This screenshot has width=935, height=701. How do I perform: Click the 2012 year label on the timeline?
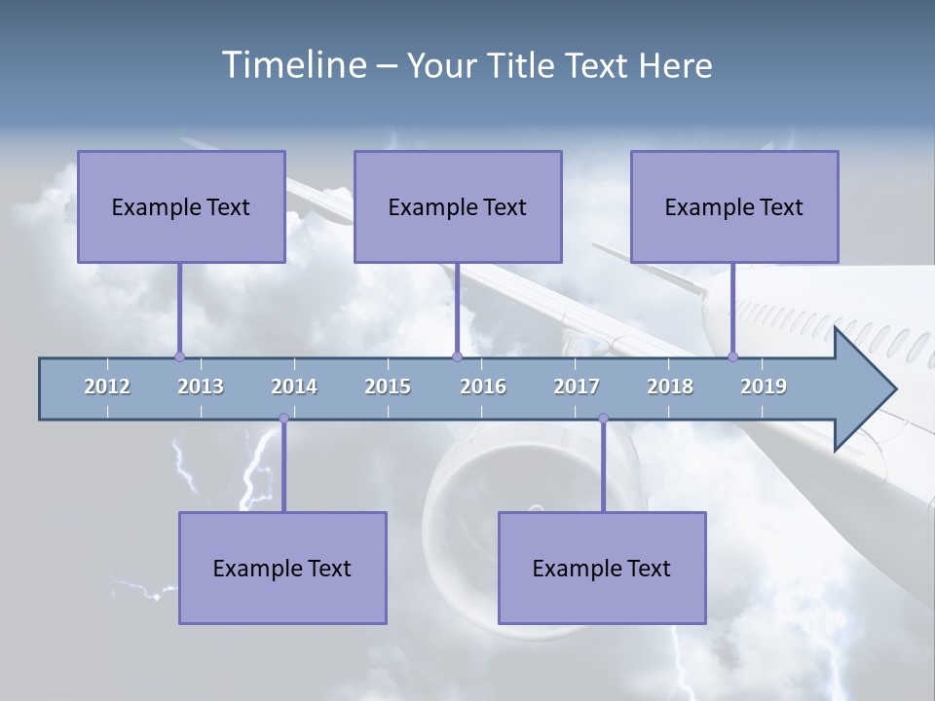coord(107,387)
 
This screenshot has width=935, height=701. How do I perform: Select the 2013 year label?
coord(201,387)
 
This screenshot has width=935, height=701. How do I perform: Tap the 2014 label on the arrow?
coord(294,387)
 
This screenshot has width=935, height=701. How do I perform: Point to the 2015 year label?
coord(388,387)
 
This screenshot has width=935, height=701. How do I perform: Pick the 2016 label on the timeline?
coord(483,387)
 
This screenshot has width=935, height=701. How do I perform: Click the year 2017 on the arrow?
coord(577,387)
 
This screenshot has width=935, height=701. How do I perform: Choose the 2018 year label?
coord(670,387)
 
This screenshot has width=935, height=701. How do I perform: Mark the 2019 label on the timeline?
coord(764,387)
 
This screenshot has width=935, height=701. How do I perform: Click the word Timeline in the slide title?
coord(293,65)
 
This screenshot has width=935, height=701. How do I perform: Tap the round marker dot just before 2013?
coord(179,356)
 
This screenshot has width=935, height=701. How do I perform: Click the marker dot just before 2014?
coord(283,419)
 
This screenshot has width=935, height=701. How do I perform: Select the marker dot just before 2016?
coord(457,356)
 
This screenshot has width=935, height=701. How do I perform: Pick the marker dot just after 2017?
coord(603,419)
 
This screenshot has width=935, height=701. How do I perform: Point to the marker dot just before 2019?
coord(732,356)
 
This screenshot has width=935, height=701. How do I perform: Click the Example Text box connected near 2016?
coord(458,206)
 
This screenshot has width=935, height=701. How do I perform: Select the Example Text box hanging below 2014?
coord(282,568)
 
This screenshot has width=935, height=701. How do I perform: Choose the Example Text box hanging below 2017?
coord(602,568)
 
